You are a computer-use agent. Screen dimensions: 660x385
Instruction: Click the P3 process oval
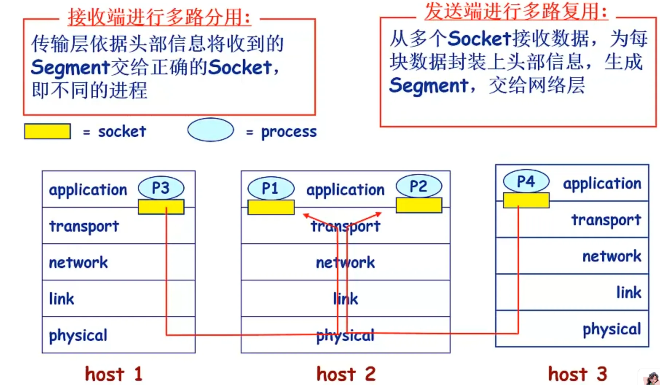161,188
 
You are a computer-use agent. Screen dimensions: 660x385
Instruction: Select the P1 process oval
271,188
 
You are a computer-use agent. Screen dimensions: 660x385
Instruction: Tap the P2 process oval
419,186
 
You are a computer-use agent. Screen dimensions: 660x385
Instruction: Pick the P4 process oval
526,181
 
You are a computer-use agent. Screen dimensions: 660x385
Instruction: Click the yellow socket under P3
161,207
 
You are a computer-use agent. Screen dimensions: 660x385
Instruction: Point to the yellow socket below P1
271,207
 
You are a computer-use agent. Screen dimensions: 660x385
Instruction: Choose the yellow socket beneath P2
419,205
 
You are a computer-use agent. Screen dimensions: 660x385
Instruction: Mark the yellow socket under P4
526,200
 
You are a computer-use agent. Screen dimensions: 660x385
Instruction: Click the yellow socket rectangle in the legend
47,131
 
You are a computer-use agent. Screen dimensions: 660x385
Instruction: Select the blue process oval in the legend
211,130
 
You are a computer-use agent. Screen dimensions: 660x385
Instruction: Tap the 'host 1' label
113,374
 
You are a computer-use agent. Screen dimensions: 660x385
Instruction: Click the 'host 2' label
346,374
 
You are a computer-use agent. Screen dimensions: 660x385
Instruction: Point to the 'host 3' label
578,374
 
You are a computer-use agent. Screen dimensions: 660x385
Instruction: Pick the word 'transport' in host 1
84,227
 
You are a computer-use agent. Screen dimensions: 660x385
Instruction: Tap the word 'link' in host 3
629,292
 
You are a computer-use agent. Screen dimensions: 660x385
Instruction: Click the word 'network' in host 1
78,263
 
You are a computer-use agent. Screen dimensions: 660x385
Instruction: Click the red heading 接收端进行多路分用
160,17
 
